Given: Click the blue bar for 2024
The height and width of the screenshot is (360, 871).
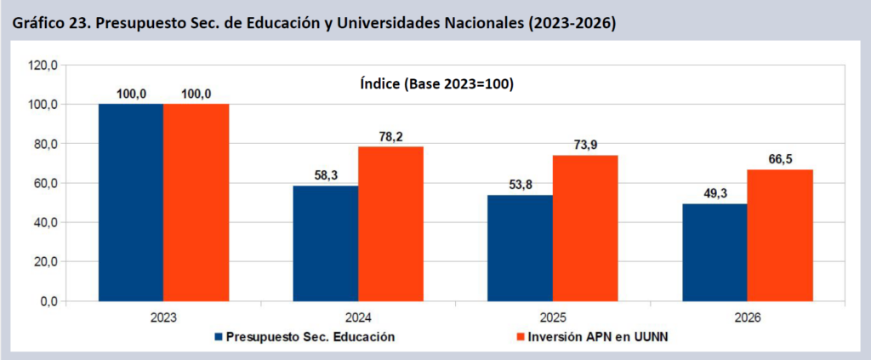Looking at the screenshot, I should click(x=325, y=243).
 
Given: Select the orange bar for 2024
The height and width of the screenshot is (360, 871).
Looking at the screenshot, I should click(x=390, y=224).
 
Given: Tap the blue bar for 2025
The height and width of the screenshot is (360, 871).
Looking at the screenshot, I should click(x=520, y=248).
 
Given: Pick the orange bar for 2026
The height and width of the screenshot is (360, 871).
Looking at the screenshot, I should click(x=780, y=235).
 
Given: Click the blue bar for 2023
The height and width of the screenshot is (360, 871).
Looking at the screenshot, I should click(x=131, y=203).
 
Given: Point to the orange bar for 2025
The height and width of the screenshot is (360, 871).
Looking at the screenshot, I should click(x=585, y=228).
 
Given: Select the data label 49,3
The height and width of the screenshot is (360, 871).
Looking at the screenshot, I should click(x=714, y=193).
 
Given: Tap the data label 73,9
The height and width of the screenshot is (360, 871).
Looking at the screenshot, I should click(x=585, y=145).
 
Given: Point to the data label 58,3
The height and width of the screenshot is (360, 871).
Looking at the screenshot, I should click(x=325, y=175).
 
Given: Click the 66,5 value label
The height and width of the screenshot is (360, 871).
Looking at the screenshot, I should click(x=780, y=159).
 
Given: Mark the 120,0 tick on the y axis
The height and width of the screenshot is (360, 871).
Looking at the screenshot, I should click(x=43, y=65).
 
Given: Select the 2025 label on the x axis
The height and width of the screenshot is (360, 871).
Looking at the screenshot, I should click(x=552, y=317).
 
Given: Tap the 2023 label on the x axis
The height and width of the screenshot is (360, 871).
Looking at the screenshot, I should click(x=162, y=317).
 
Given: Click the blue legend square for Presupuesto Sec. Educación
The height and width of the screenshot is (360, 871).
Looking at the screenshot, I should click(x=219, y=336).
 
